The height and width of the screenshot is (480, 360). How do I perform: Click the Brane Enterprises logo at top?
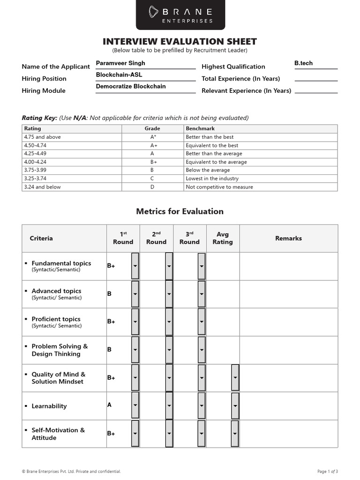180,15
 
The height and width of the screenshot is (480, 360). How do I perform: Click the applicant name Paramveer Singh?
120,63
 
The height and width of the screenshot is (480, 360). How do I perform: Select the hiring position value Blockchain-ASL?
119,75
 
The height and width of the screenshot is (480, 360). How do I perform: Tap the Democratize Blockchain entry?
131,87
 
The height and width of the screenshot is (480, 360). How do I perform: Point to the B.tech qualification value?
303,63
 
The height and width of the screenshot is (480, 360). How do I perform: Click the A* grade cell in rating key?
153,137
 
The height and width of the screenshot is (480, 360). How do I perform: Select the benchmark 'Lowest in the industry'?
212,179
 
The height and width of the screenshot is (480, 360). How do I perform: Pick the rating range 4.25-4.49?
36,154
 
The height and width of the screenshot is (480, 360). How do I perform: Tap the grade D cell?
153,187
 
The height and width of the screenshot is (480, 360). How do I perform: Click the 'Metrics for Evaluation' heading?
180,211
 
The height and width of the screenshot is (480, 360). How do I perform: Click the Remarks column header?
288,238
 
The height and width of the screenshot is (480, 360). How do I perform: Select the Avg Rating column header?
223,238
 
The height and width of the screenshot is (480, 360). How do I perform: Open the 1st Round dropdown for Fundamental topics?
135,266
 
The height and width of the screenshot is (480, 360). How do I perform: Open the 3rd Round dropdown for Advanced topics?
202,294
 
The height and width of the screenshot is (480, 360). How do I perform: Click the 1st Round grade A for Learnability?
110,405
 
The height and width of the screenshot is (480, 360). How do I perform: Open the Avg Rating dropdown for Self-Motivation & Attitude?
235,434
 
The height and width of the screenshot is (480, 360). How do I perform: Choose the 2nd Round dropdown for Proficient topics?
169,322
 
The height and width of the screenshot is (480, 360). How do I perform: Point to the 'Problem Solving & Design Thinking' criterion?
60,350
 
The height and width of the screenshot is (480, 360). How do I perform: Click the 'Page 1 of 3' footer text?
328,472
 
